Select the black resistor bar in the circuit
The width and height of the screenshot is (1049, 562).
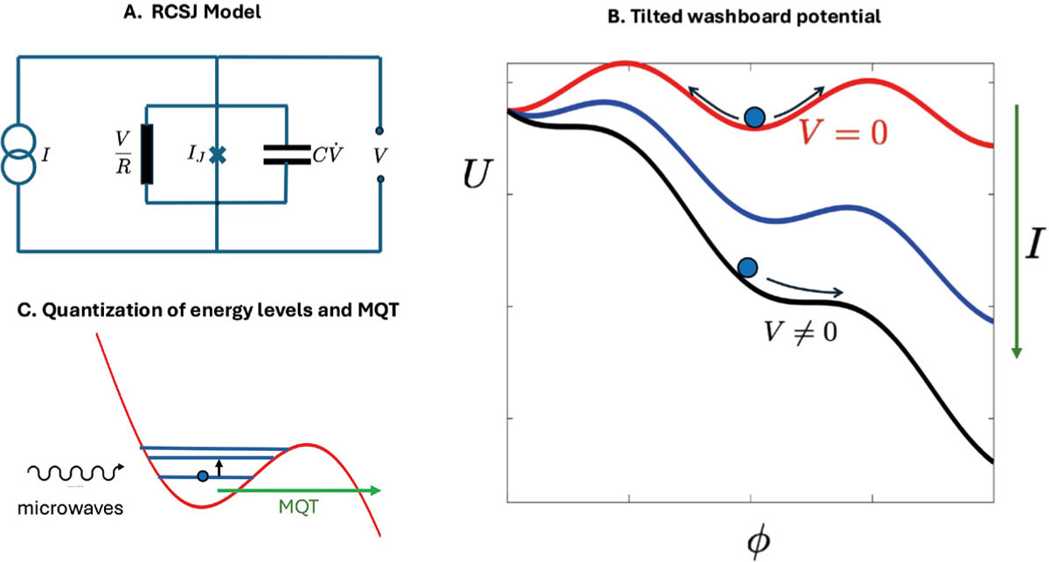(147, 154)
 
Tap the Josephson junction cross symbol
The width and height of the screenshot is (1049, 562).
(217, 155)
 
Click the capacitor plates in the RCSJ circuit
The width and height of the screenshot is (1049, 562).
(286, 155)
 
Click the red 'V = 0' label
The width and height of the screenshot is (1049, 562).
(844, 132)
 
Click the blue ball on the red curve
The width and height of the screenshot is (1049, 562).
(754, 116)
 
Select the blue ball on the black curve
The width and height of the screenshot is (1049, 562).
(746, 267)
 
